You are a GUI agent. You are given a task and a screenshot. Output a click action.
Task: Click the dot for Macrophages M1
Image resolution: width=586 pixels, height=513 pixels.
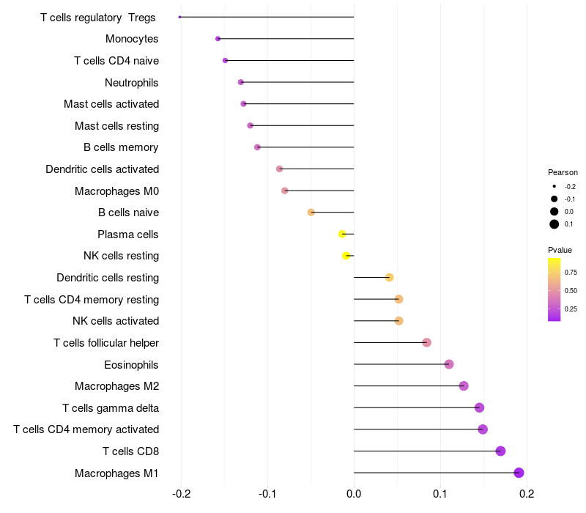(519, 473)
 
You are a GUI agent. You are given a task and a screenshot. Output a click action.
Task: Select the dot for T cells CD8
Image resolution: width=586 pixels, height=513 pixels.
(500, 451)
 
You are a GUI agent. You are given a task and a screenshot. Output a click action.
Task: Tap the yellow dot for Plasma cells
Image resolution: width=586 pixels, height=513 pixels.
(342, 234)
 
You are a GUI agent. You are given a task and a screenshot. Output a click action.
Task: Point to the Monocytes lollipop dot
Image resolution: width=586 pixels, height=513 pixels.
(218, 39)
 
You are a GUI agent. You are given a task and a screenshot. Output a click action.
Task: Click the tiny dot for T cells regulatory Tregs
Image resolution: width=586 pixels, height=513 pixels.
(179, 17)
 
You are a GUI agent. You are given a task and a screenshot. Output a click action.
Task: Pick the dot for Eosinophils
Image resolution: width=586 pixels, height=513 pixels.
(449, 364)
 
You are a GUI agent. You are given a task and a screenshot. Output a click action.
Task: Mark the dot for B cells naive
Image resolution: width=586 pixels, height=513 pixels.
(311, 213)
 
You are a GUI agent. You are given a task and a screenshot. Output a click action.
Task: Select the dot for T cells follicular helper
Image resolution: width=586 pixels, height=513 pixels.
(427, 342)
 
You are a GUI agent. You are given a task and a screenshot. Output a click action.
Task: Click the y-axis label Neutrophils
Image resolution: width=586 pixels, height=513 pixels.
(132, 82)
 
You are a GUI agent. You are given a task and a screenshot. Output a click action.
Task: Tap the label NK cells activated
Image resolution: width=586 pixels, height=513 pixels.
(116, 321)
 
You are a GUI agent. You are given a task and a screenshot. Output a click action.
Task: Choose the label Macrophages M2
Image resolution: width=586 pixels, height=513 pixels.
(117, 386)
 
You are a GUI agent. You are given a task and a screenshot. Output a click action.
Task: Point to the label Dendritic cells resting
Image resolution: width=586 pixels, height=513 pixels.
(108, 278)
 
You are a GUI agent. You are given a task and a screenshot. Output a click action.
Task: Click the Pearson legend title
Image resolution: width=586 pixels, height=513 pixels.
(563, 172)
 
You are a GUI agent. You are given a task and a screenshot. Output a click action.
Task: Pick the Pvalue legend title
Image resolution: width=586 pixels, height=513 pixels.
(560, 250)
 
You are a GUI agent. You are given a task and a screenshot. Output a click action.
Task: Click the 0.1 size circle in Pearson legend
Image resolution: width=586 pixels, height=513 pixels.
(555, 224)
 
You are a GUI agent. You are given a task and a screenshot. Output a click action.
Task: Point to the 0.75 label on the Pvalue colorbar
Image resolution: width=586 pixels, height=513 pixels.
(571, 273)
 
